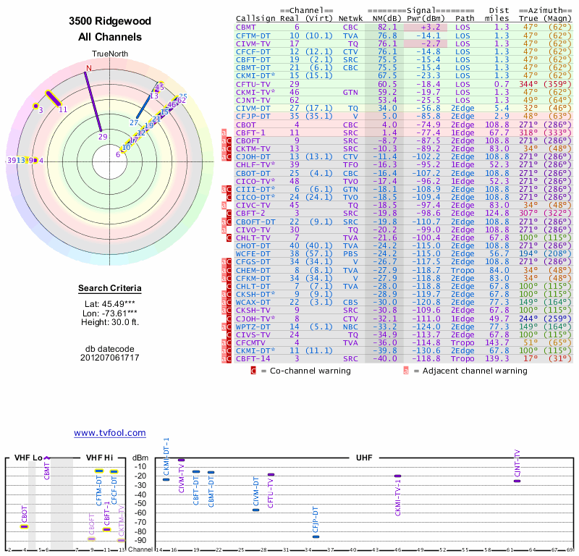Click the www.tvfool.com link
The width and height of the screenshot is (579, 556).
pos(110,433)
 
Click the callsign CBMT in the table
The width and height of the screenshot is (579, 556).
pos(246,27)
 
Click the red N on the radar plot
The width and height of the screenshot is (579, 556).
pos(88,69)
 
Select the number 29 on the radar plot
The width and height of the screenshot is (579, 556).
pos(103,136)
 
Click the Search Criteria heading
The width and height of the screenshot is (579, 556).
pos(110,289)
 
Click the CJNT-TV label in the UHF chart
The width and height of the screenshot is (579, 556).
pos(517,463)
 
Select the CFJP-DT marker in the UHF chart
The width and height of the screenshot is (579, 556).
pos(316,536)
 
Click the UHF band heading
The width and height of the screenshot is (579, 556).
pos(364,458)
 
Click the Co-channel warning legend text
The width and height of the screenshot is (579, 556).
pos(305,371)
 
